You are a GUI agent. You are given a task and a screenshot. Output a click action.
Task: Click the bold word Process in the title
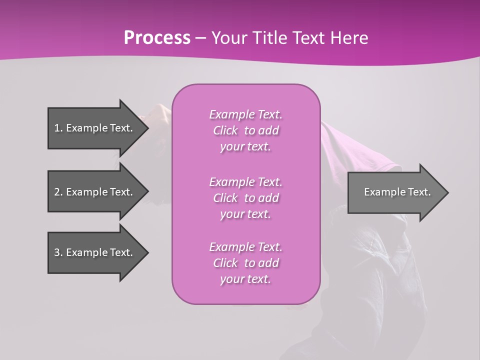157,38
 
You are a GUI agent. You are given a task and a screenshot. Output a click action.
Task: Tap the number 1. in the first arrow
58,128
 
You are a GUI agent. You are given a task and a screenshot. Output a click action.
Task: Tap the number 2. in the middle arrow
58,192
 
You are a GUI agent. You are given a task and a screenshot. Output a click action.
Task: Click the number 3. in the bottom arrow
58,252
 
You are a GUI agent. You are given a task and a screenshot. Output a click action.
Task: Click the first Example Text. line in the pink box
245,114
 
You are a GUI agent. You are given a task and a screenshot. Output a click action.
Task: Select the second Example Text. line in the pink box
245,182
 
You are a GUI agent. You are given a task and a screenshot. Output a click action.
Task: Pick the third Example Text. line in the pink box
245,247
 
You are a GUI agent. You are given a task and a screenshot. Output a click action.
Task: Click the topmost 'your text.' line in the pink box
245,147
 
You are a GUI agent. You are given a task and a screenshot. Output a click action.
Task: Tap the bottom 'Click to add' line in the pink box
245,263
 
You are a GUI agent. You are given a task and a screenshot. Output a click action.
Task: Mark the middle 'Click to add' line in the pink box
245,198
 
